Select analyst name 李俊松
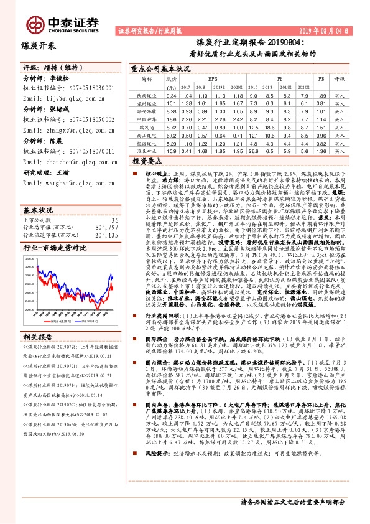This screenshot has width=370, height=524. pos(60,80)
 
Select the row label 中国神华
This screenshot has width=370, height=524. pos(146,118)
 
